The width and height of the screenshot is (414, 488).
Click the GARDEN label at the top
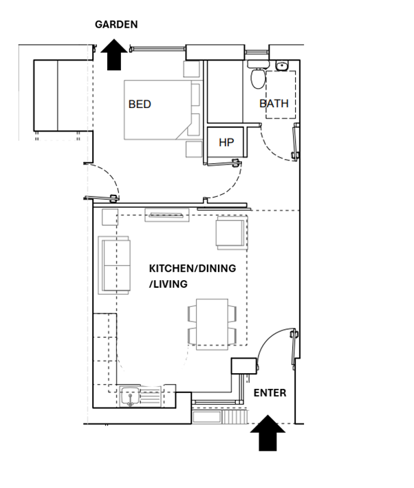(116, 24)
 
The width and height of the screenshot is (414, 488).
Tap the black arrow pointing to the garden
(112, 54)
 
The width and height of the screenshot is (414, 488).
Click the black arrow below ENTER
(268, 433)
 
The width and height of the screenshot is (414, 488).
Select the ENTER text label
(270, 393)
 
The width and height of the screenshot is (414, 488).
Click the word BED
(140, 105)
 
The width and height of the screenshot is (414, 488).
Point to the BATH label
(274, 104)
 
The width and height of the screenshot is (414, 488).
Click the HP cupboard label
(226, 142)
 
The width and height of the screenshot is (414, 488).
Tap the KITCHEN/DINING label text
(192, 268)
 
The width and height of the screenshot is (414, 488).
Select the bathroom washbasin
(282, 66)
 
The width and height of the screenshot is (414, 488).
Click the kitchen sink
(130, 396)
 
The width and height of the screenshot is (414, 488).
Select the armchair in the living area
(231, 231)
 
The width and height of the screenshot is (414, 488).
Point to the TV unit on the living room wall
(166, 215)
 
